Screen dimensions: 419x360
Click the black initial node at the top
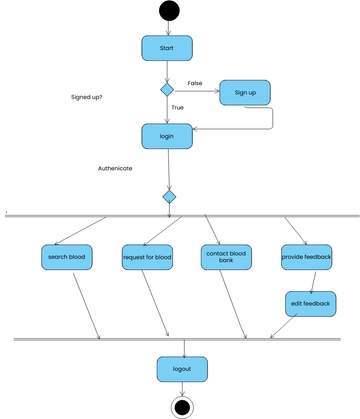coord(167,12)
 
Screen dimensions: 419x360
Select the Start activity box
coord(167,47)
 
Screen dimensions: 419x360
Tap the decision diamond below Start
coord(167,90)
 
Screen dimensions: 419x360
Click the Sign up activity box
coord(245,92)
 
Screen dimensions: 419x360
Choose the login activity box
coord(167,135)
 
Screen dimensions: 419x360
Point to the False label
coord(196,82)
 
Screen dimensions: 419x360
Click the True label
coord(178,107)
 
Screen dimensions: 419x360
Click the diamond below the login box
coord(169,197)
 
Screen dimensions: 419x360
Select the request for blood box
coord(147,258)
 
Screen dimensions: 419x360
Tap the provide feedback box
coord(306,258)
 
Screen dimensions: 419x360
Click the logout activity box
coord(181,369)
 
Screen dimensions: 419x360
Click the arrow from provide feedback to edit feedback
coord(310,281)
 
